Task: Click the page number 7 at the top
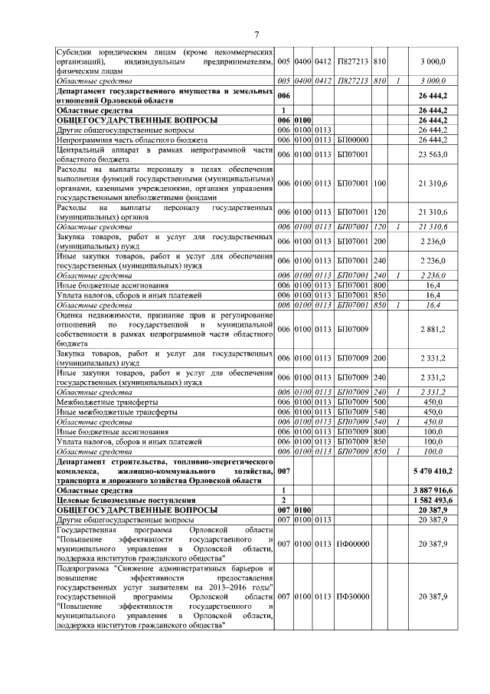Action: pyautogui.click(x=256, y=34)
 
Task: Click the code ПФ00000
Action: pyautogui.click(x=353, y=544)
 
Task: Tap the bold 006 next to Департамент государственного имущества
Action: pyautogui.click(x=283, y=95)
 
